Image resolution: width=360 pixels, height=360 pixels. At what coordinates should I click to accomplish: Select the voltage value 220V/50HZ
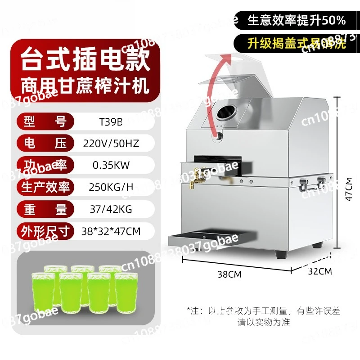tap(111, 144)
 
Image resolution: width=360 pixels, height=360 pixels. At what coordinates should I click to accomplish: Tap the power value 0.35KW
tap(111, 165)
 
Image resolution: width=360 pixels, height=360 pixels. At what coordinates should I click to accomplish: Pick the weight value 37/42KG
tap(108, 209)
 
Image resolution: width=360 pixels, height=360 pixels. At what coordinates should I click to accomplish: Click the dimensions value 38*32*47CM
tap(112, 232)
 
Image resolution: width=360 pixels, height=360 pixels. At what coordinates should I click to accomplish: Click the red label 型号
tap(43, 121)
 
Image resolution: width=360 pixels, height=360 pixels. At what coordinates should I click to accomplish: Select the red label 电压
tap(43, 144)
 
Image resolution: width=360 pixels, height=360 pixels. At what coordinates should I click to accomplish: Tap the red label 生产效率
tap(43, 187)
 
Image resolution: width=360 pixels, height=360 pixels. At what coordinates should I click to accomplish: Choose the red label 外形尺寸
tap(43, 232)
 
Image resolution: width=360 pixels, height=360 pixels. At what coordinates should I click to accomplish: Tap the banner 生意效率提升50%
tap(296, 20)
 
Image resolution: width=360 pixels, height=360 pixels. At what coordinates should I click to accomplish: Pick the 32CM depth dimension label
tap(320, 271)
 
